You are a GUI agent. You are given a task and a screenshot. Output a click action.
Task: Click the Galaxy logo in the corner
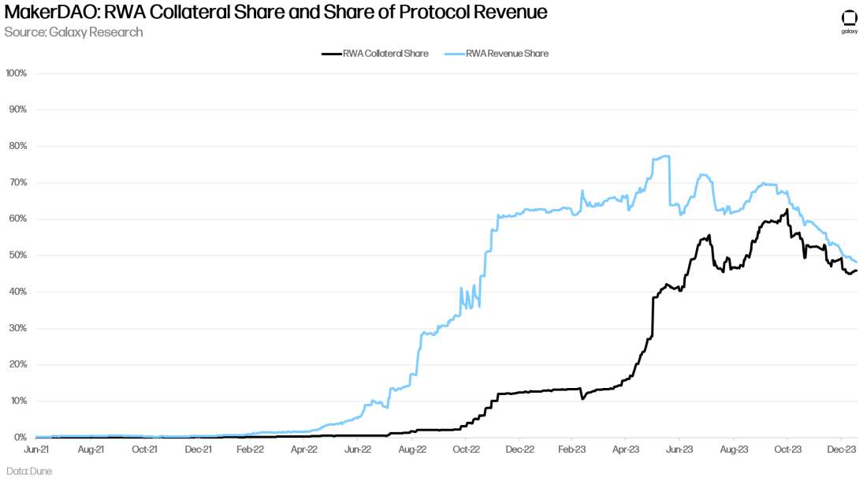tap(849, 20)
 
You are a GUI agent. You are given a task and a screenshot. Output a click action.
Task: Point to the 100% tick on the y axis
tap(17, 73)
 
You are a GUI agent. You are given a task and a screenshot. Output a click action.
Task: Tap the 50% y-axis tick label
tap(18, 256)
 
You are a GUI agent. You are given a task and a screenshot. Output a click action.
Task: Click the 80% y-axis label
tap(18, 146)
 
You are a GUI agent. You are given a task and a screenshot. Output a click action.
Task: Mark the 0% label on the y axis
tap(20, 437)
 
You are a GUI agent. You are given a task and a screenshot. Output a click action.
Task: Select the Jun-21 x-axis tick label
tap(39, 450)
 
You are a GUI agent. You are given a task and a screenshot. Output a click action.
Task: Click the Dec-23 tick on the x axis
tap(842, 450)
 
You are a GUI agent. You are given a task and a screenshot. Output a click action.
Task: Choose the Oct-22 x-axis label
tap(466, 450)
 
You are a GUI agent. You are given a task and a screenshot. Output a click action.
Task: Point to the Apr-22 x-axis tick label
tap(304, 450)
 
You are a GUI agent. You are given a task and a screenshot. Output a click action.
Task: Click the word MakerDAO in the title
tap(49, 13)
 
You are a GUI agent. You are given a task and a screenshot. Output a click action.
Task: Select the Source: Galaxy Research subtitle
tap(73, 32)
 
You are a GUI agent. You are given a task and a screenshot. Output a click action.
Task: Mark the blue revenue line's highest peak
tap(667, 156)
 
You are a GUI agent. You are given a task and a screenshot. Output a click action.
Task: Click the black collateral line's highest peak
tap(787, 210)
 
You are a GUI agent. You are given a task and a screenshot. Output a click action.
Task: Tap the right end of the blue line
tap(857, 262)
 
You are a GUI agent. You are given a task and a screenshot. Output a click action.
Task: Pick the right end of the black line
tap(857, 270)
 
